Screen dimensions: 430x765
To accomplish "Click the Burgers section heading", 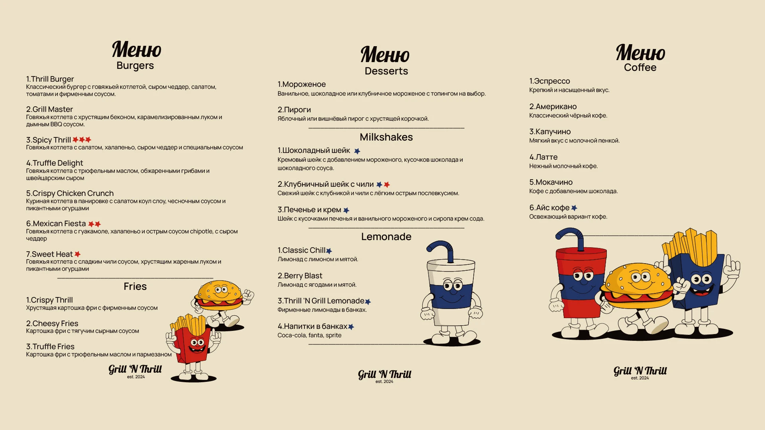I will point(135,66).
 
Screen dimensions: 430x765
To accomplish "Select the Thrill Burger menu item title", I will point(50,79).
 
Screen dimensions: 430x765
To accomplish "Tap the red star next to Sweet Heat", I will point(77,254).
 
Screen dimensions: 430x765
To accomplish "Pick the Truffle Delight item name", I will point(55,163).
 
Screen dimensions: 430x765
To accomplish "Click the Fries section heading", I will point(135,287).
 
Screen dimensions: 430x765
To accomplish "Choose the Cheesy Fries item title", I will point(52,324).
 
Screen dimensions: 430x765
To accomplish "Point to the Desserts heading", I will point(386,71).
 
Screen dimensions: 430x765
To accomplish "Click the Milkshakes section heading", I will point(386,137).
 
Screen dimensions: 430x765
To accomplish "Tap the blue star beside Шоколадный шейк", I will point(357,151).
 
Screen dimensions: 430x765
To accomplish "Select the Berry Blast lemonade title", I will point(300,276).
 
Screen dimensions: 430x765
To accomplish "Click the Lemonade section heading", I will point(386,237).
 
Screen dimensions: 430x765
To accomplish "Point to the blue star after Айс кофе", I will point(574,208).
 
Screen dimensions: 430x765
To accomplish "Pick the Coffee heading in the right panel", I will point(640,68).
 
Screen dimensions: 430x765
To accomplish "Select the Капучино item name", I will point(550,132).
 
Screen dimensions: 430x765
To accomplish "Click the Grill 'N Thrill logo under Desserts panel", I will point(384,375).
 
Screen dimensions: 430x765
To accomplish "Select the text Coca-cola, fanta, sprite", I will point(309,336).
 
